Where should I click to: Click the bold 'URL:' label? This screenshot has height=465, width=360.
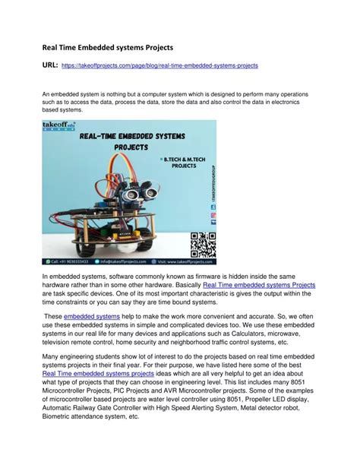click(x=51, y=65)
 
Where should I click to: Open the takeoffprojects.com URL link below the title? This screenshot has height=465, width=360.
click(x=159, y=66)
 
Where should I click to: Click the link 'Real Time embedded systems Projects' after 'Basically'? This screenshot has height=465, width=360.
click(x=259, y=284)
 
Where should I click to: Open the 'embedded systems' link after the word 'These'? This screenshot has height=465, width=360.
click(x=92, y=315)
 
